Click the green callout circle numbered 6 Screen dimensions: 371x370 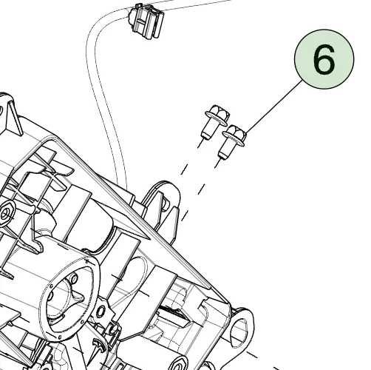324,59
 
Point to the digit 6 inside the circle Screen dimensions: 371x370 324,59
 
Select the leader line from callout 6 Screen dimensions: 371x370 274,107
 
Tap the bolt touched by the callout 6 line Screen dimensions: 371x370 233,141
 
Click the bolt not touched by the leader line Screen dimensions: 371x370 216,121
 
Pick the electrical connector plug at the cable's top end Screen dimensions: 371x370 146,21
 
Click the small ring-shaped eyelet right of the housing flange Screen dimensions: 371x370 100,312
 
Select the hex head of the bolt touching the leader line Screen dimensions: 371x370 236,134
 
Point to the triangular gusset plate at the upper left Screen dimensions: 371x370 13,117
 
